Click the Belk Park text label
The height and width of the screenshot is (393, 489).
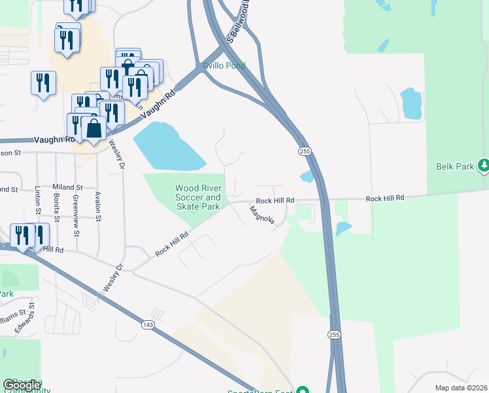tap(455, 166)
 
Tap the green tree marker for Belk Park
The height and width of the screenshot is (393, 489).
tap(483, 166)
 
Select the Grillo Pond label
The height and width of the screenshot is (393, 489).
tap(224, 65)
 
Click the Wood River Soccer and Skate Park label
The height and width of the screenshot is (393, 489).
tap(198, 197)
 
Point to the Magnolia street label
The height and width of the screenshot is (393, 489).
tap(261, 214)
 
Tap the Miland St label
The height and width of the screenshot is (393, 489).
tap(68, 187)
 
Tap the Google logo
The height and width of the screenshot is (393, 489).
tap(22, 385)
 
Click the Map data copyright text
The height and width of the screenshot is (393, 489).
tap(461, 388)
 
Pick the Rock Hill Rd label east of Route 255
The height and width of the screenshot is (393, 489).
tap(385, 198)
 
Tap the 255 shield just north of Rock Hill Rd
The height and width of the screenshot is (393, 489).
tap(305, 151)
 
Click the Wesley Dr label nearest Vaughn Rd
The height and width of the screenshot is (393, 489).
tap(118, 153)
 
